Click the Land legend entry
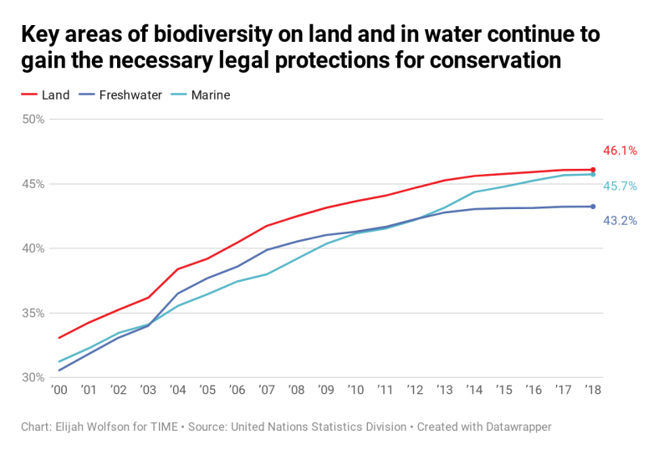[45, 95]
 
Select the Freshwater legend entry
[120, 95]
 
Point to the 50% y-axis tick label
[33, 120]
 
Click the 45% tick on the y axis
[33, 184]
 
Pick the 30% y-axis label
[33, 378]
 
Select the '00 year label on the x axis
[59, 390]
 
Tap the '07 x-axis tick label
[267, 390]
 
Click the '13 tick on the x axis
[445, 390]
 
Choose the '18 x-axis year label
[593, 390]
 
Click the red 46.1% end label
[620, 151]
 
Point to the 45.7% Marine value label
[620, 187]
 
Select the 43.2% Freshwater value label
[620, 221]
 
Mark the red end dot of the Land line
[593, 170]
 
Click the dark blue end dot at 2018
[593, 207]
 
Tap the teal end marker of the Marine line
[593, 174]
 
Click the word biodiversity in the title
[212, 35]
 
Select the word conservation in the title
[495, 60]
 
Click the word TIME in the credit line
[164, 427]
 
